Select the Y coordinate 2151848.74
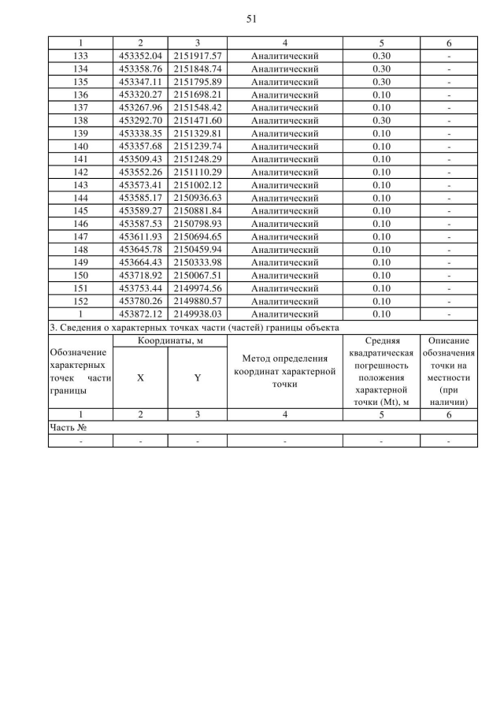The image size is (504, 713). (198, 69)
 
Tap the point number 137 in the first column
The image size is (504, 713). (79, 106)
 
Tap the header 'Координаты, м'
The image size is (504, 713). (169, 340)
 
